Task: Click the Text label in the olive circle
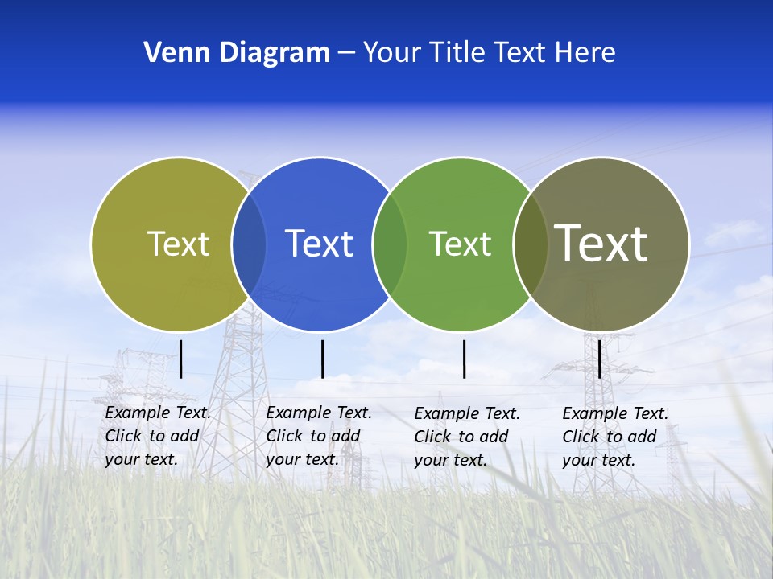tap(178, 244)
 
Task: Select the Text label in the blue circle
tap(319, 244)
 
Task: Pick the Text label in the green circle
tap(460, 244)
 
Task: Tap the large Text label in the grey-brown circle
tap(601, 243)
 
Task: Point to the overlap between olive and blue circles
tap(249, 244)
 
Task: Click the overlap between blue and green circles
tap(390, 244)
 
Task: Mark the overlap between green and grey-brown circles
tap(531, 244)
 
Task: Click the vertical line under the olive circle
tap(181, 359)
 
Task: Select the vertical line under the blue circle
tap(322, 359)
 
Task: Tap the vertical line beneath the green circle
tap(465, 359)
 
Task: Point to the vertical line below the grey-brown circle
tap(600, 359)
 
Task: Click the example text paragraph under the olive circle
tap(157, 436)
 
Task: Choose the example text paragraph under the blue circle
tap(318, 436)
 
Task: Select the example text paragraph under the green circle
tap(466, 437)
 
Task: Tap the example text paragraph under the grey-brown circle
tap(614, 437)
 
